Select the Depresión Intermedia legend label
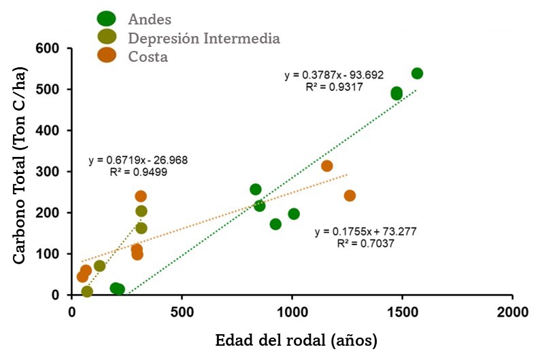pyautogui.click(x=204, y=37)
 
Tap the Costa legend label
pyautogui.click(x=148, y=56)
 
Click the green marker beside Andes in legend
pyautogui.click(x=107, y=19)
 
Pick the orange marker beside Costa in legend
pyautogui.click(x=107, y=56)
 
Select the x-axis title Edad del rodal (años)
pyautogui.click(x=296, y=340)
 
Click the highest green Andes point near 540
pyautogui.click(x=417, y=73)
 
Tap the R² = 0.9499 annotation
pyautogui.click(x=139, y=173)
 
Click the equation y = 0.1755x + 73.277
pyautogui.click(x=366, y=232)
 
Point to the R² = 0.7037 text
pyautogui.click(x=365, y=243)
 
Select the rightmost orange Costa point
pyautogui.click(x=350, y=196)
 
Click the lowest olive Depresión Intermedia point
pyautogui.click(x=87, y=291)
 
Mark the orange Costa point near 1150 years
pyautogui.click(x=326, y=166)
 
